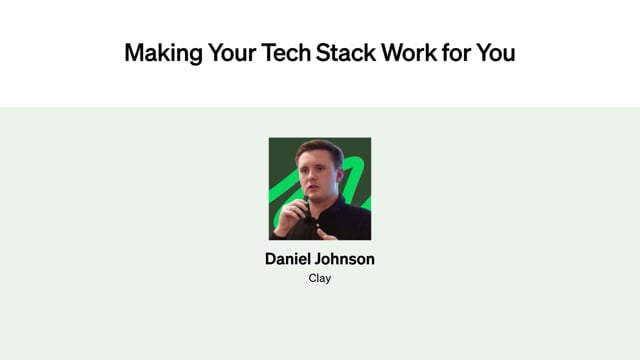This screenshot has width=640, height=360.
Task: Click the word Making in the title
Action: pyautogui.click(x=163, y=53)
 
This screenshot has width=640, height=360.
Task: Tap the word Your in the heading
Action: pyautogui.click(x=232, y=53)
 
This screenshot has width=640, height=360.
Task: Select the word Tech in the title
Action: pyautogui.click(x=286, y=53)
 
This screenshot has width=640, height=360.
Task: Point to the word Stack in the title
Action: pyautogui.click(x=346, y=53)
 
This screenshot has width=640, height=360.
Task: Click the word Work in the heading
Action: pyautogui.click(x=409, y=53)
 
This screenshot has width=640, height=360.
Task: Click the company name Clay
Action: pyautogui.click(x=320, y=278)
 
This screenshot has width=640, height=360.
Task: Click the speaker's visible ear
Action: pyautogui.click(x=339, y=176)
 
